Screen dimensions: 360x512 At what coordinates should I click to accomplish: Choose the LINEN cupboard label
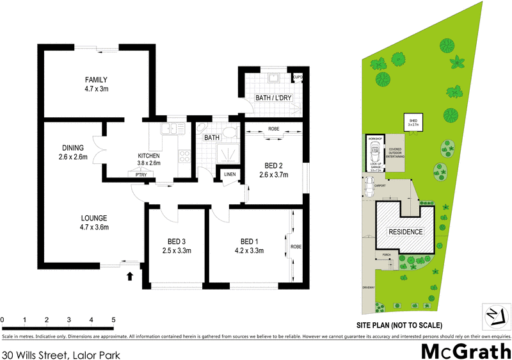[228, 175]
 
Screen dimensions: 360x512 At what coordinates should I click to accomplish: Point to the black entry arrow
[130, 276]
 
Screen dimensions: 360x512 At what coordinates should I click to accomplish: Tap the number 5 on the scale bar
[113, 320]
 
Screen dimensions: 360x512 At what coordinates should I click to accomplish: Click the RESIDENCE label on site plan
[406, 232]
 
